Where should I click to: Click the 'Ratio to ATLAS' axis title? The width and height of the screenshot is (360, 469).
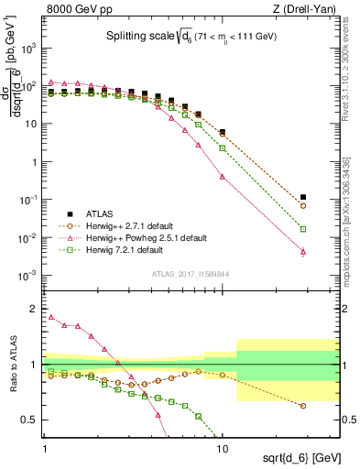(13, 365)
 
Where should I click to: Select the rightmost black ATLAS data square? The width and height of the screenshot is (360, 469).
(303, 197)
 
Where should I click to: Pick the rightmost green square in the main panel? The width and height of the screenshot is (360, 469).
(303, 229)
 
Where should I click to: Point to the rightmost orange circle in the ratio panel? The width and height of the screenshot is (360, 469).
(303, 406)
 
